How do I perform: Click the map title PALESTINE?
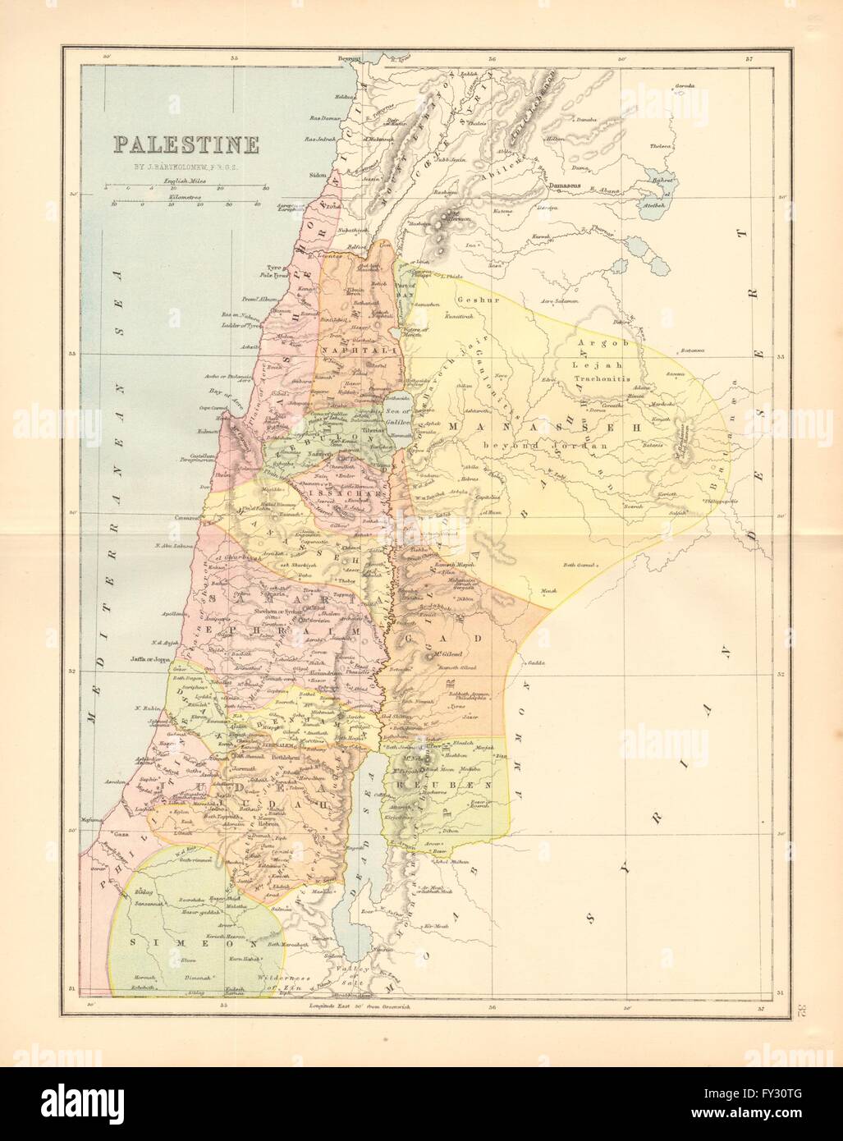(186, 145)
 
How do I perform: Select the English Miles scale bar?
(186, 188)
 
